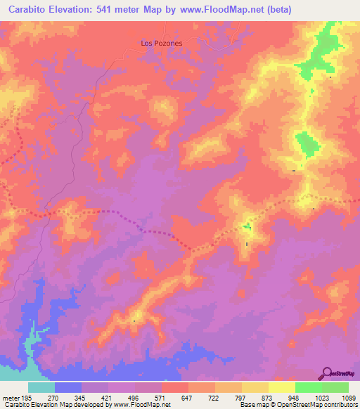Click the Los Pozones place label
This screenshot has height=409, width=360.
click(x=162, y=43)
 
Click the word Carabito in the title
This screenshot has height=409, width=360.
click(x=27, y=9)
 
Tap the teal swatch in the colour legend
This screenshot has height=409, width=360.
click(x=41, y=387)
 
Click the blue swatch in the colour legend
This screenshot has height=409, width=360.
click(x=68, y=387)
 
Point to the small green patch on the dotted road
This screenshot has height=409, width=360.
click(x=247, y=226)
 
